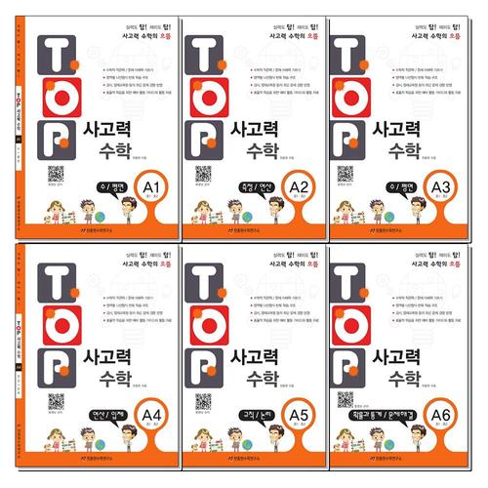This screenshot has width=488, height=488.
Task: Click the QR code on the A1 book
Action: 57,174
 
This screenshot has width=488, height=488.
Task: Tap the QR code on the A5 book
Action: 204,401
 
